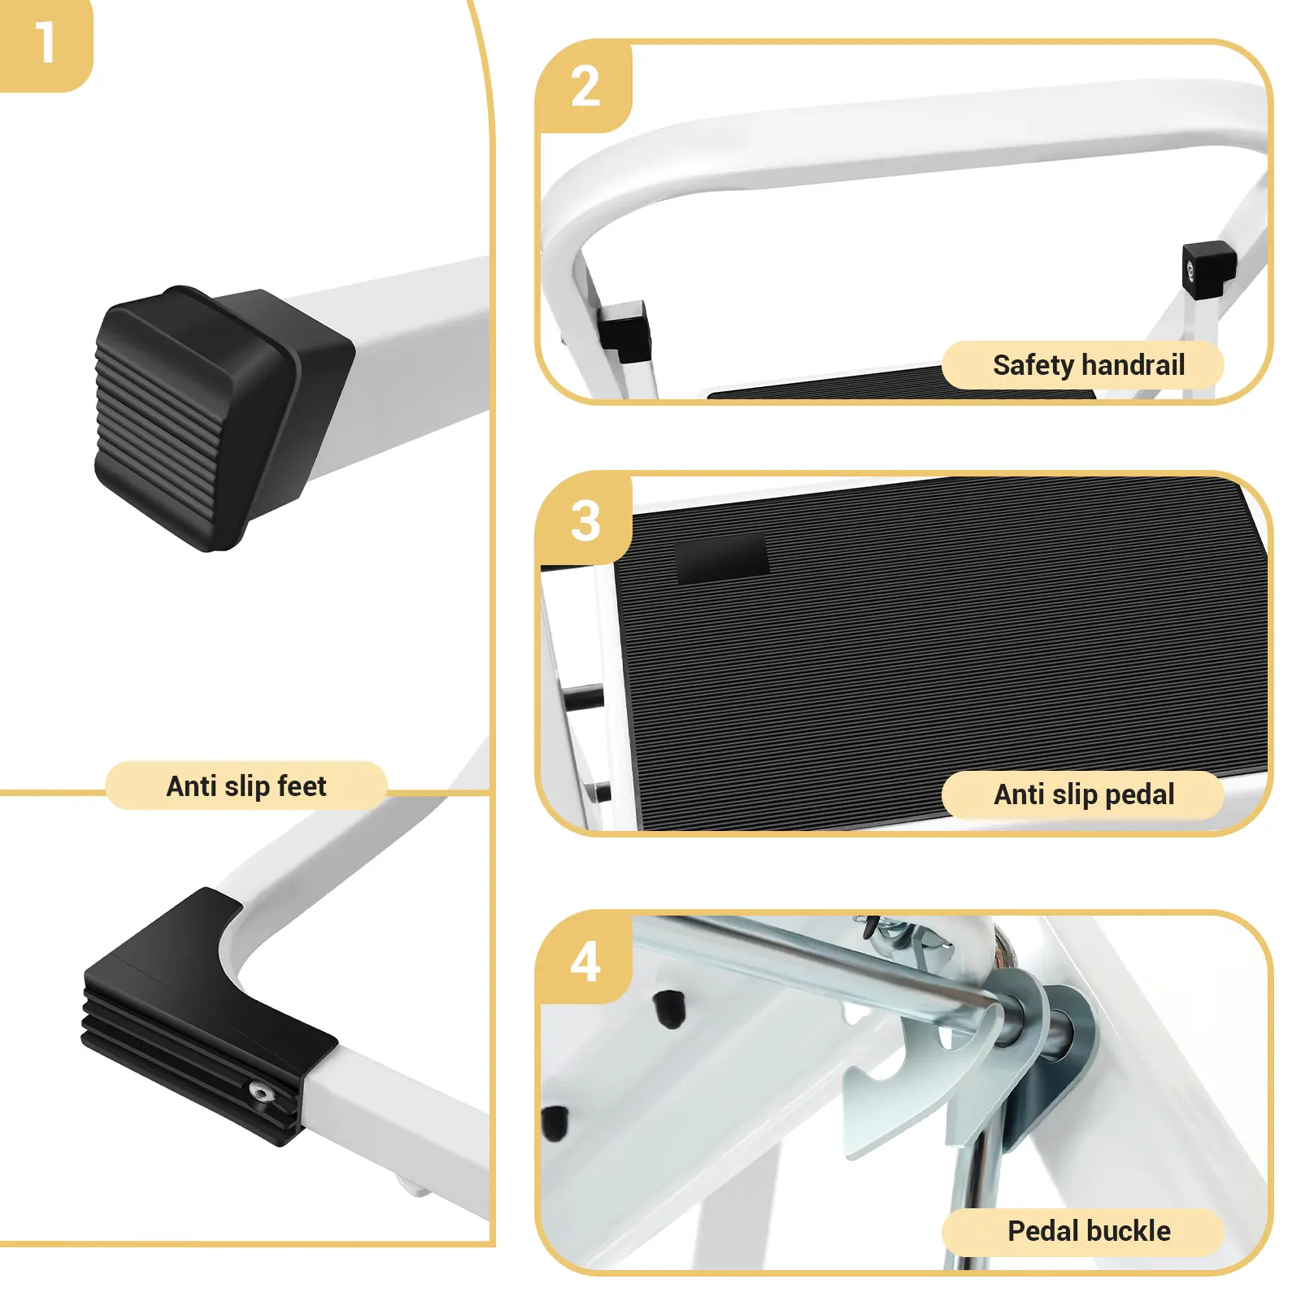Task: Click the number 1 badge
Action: point(46,45)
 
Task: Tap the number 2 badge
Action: point(584,87)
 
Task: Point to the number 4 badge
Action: point(584,959)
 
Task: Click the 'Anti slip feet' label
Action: point(246,786)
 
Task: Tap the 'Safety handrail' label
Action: point(1088,365)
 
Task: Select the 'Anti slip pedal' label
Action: point(1084,794)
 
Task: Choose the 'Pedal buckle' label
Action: point(1089,1231)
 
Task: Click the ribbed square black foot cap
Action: point(220,416)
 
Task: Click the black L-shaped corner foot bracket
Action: point(203,1016)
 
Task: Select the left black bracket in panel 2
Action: point(624,331)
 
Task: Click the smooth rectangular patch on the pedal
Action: point(722,560)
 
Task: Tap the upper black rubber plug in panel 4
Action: point(670,1009)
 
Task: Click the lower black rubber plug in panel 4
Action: point(555,1122)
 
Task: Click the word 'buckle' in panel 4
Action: point(1129,1231)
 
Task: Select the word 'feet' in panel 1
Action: point(302,786)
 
